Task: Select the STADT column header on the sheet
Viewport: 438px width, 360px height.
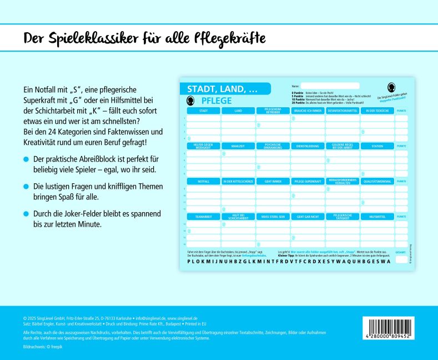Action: (x=203, y=111)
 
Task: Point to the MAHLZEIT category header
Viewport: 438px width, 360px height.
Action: (x=238, y=146)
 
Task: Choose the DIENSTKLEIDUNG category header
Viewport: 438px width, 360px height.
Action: (x=307, y=146)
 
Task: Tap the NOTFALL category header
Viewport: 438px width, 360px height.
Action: (x=203, y=181)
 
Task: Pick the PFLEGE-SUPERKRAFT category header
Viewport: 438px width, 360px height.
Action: (x=307, y=181)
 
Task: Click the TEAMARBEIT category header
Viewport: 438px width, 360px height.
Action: (x=203, y=216)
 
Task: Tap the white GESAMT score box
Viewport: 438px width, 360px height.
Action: (x=401, y=259)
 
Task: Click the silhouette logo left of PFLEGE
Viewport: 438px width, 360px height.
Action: (x=192, y=101)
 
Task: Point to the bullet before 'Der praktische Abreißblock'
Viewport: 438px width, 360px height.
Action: (x=25, y=159)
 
